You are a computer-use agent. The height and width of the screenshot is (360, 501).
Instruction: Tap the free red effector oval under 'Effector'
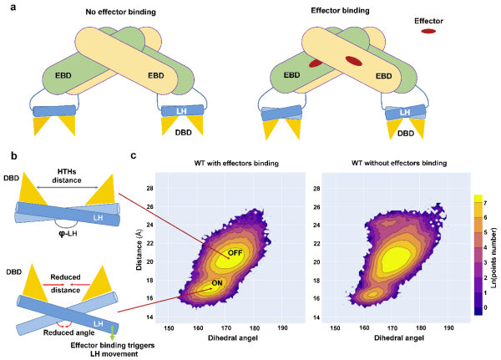tap(428, 31)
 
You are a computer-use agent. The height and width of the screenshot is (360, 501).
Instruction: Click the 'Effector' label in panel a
tap(428, 18)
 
